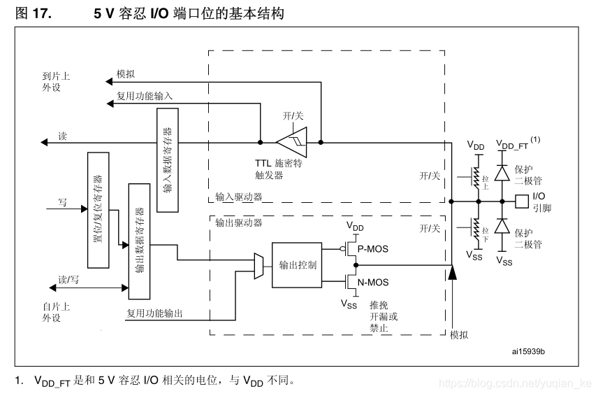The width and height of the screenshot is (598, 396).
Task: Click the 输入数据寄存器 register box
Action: pos(168,160)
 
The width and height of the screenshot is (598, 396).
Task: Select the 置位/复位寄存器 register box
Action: pos(98,209)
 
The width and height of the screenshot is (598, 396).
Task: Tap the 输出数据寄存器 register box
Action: pos(139,239)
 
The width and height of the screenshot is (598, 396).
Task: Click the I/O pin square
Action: pos(521,201)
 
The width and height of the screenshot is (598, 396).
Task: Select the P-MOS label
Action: pos(372,248)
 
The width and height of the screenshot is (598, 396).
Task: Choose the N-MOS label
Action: pos(372,283)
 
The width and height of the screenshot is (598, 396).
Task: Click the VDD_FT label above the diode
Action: pos(512,144)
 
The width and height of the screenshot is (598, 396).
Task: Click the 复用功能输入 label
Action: pos(145,96)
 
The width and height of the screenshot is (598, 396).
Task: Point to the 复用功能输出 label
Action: pos(154,313)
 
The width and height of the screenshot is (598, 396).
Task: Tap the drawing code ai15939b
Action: pos(528,351)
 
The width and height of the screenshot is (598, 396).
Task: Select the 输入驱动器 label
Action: pos(238,197)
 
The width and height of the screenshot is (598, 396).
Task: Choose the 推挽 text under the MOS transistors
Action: pos(379,305)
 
